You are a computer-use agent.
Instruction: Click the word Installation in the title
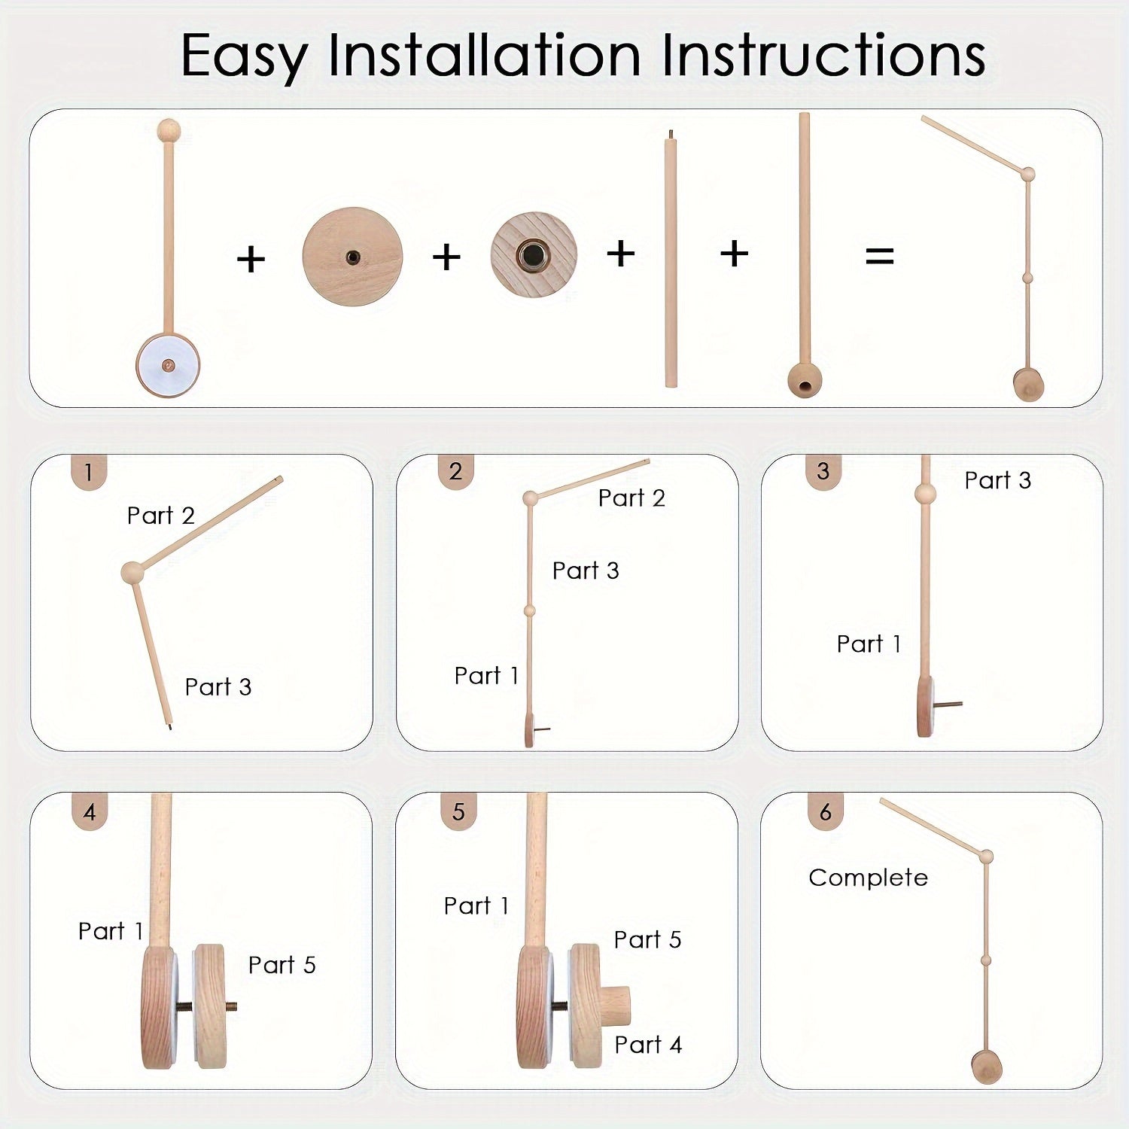coord(484,56)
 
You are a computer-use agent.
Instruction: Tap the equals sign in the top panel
coord(879,256)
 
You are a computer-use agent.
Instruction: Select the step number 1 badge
coord(89,472)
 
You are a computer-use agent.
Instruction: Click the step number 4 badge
coord(90,812)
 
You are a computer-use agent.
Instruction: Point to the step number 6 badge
coord(826,812)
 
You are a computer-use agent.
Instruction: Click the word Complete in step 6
coord(868,878)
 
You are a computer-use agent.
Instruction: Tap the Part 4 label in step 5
coord(647,1045)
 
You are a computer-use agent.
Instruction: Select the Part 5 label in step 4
coord(281,965)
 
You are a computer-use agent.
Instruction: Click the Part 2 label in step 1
coord(160,516)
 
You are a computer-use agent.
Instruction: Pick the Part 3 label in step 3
coord(997,480)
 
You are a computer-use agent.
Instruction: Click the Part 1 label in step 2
coord(486,676)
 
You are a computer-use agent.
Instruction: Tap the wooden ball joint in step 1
coord(132,572)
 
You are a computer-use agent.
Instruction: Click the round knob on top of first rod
coord(169,130)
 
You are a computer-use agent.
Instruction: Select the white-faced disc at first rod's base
coord(168,365)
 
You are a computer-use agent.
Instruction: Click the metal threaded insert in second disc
coord(534,254)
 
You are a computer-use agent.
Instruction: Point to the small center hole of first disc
coord(352,257)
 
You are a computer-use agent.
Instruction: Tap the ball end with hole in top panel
coord(805,380)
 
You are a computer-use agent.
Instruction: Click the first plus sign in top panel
coord(251,260)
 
